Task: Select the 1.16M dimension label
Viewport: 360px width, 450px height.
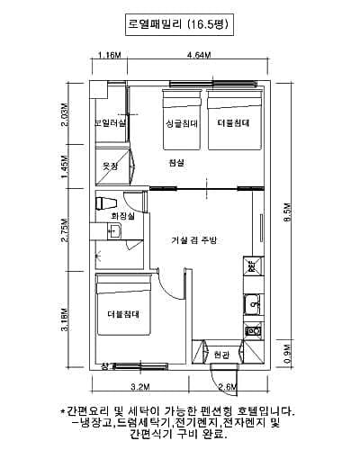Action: pyautogui.click(x=109, y=55)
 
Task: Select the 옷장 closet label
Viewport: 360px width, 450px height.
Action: pyautogui.click(x=111, y=166)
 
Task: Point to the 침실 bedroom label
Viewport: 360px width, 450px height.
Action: pyautogui.click(x=175, y=162)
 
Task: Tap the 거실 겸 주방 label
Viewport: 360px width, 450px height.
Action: pyautogui.click(x=194, y=239)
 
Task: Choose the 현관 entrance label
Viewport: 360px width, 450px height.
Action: pyautogui.click(x=221, y=355)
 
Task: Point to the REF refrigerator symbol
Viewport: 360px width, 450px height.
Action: pyautogui.click(x=253, y=266)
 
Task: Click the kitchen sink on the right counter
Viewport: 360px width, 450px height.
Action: pyautogui.click(x=254, y=303)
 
